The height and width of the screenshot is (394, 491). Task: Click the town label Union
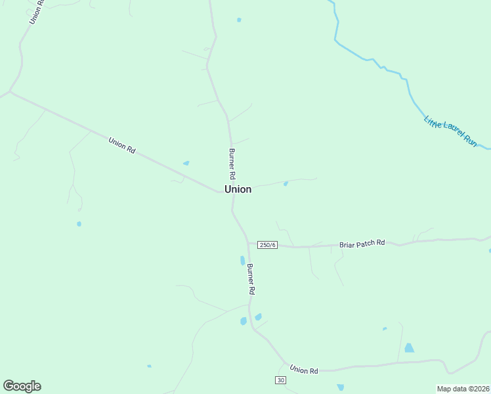point(238,189)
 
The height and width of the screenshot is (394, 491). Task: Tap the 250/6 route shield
point(267,245)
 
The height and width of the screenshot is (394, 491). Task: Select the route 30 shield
point(280,381)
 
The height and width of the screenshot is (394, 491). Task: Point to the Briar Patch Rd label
point(362,244)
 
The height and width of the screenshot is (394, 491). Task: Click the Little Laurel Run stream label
point(450,131)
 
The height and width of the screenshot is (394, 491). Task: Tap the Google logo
point(22,386)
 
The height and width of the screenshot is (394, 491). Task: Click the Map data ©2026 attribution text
point(463,389)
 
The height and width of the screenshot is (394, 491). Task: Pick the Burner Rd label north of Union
point(232,164)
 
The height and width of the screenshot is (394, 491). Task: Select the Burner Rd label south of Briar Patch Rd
point(251,278)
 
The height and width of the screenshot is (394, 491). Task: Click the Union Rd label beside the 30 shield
point(303,370)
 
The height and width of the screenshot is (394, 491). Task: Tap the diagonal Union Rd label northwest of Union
point(122,145)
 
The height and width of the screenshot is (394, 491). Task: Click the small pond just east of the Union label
point(286,184)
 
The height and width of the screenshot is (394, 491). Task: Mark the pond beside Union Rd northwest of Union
point(186,163)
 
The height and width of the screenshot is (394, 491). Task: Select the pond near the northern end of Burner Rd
point(239,20)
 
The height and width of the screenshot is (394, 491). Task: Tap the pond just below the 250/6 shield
point(242,261)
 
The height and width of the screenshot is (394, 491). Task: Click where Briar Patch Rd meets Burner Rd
point(248,244)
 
